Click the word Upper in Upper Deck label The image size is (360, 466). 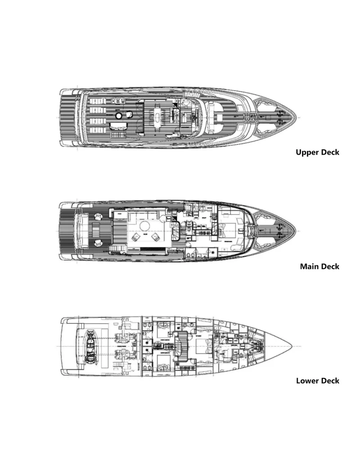pos(306,152)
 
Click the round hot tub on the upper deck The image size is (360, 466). pos(118,116)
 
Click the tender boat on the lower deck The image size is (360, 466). pos(89,347)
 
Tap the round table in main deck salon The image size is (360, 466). pos(146,226)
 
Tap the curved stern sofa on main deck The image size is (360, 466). pos(82,231)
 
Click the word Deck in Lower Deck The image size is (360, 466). pos(329,381)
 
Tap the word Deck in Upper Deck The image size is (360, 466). pos(329,152)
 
